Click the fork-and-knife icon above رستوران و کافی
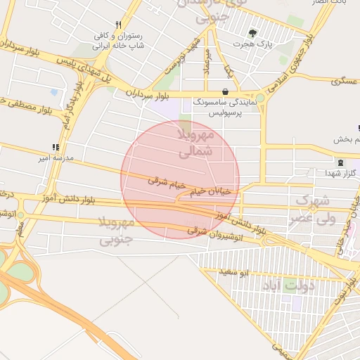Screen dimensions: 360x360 pos(118,23)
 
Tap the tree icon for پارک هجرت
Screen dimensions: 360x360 pos(253,32)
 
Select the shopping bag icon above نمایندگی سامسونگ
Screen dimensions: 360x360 pos(224,91)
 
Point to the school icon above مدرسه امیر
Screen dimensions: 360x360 pos(55,148)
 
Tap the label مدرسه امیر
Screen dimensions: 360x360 pos(54,159)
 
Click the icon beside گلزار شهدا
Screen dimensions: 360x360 pos(341,162)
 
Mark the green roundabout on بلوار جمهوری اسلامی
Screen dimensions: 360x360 pos(260,98)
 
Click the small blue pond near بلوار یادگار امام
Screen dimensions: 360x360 pos(54,91)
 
